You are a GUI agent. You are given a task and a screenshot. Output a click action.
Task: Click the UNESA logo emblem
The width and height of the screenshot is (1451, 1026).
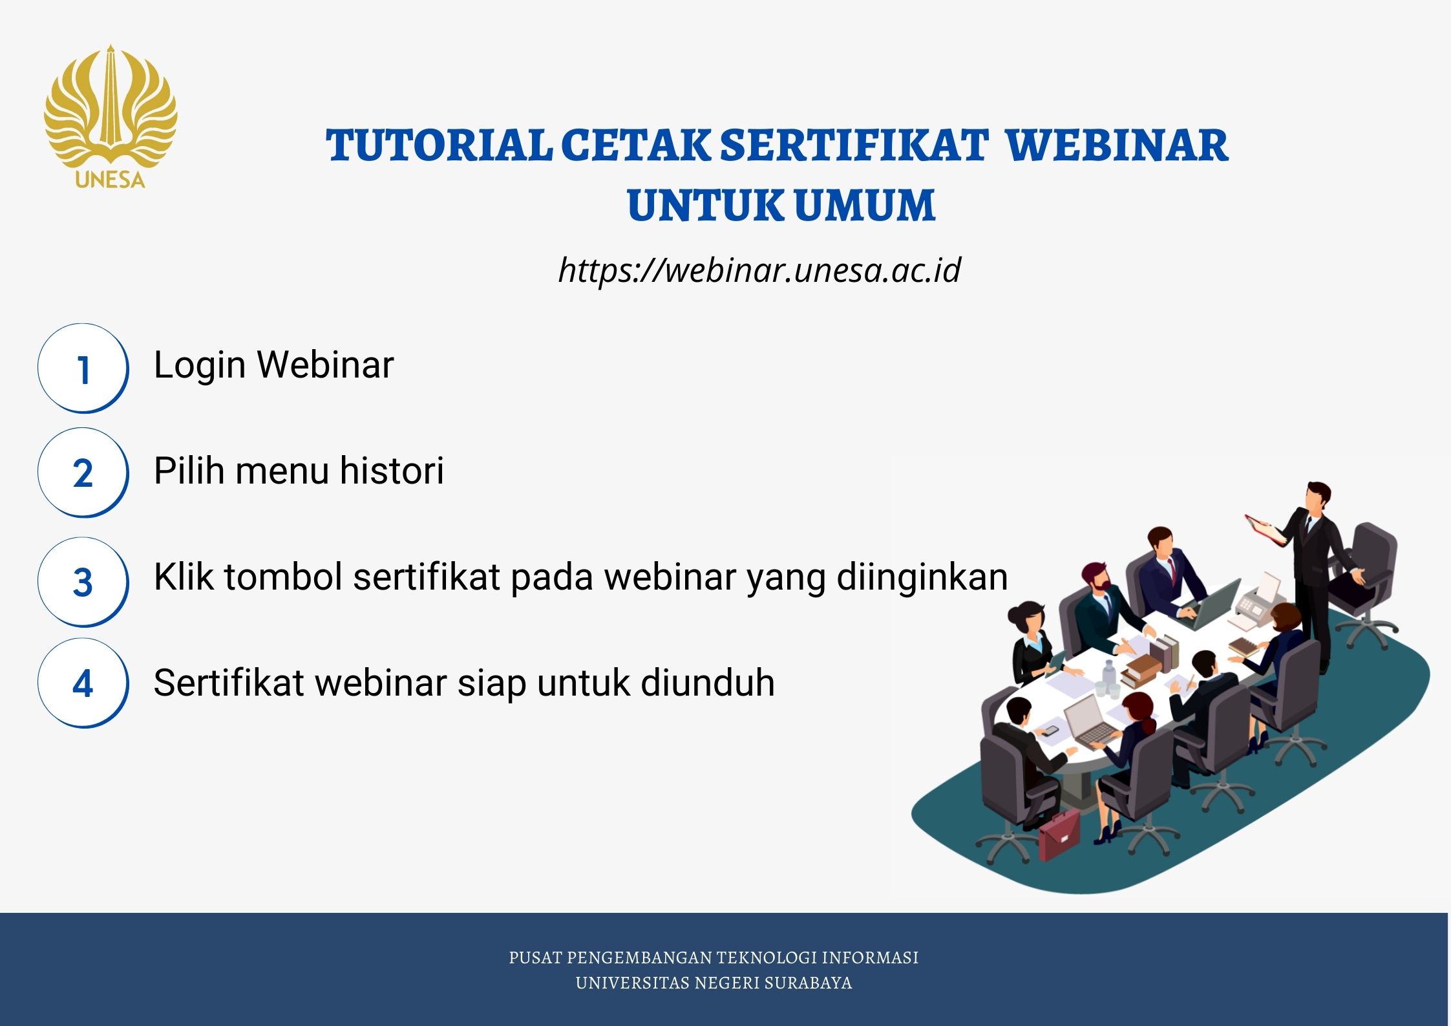point(111,116)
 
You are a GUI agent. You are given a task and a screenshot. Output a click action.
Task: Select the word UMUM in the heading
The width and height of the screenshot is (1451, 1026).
point(865,206)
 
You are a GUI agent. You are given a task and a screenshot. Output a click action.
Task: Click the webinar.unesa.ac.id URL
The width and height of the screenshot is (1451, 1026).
point(759,270)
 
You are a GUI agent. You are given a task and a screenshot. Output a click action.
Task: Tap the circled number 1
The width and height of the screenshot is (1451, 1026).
point(83,368)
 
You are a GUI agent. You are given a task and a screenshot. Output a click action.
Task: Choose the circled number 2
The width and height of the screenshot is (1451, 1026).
point(83,473)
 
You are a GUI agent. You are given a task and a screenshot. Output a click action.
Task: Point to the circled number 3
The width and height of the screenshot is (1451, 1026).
point(83,582)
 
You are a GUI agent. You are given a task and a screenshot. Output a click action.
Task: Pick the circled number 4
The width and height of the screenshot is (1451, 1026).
point(83,683)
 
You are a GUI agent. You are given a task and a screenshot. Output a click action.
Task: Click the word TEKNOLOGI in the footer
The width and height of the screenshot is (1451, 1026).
point(766,957)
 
